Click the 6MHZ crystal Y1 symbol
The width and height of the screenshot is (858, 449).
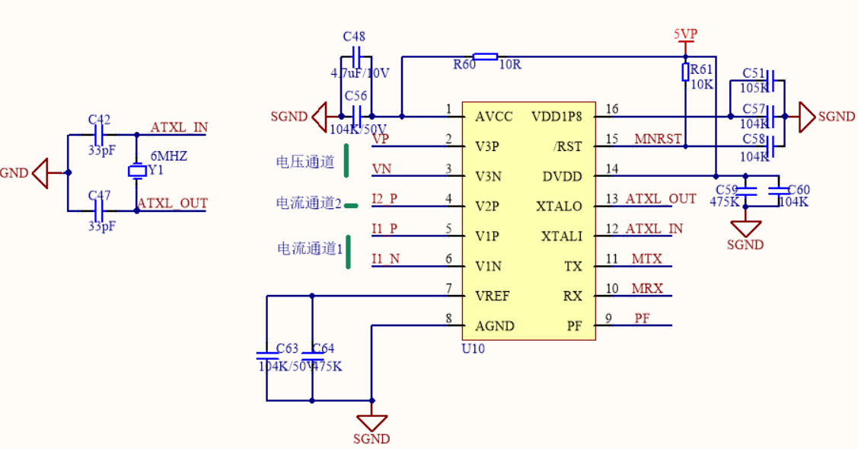137,172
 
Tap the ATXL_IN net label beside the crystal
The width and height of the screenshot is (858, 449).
179,127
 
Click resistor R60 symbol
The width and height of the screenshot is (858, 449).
485,56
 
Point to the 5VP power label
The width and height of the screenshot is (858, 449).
685,34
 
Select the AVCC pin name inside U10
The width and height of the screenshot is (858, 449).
493,117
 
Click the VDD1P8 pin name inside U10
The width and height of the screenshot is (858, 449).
557,117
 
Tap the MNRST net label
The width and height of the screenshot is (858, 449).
657,139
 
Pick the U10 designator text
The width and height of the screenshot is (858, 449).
473,348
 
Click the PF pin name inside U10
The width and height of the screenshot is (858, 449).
574,326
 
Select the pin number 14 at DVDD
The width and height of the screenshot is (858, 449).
612,169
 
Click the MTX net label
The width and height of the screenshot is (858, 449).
646,259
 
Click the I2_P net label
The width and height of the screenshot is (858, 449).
384,199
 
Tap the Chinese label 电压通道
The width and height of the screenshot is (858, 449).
305,162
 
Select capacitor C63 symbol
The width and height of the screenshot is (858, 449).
266,354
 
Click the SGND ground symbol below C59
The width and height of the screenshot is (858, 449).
745,228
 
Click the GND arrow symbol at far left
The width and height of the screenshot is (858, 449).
40,173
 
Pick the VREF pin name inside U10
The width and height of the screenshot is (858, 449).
492,296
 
